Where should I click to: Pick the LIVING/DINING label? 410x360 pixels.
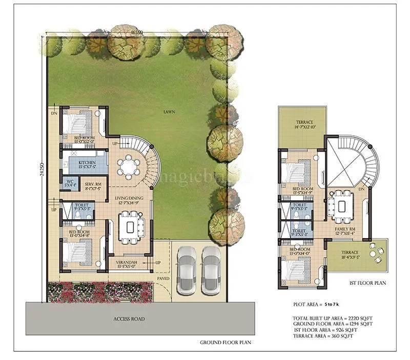click(129, 198)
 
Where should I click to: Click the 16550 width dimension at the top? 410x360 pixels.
click(136, 32)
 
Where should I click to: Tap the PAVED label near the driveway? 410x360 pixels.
click(163, 279)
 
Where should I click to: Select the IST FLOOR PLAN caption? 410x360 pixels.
click(368, 283)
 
